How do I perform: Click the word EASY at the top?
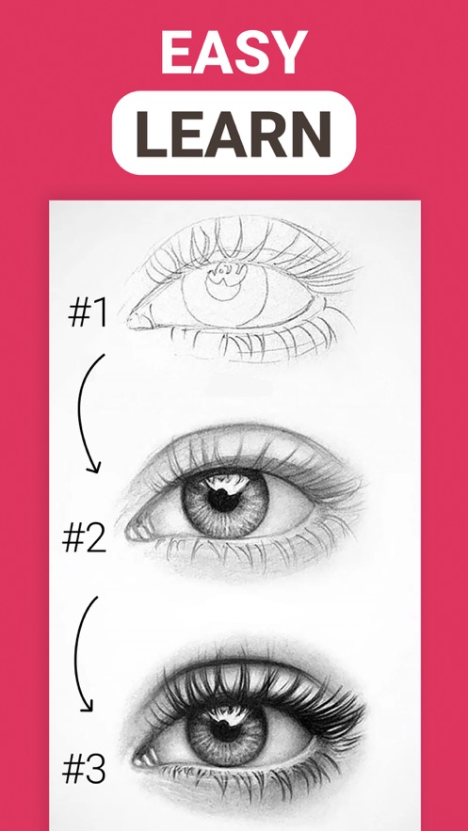click(234, 52)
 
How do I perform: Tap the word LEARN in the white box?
click(234, 133)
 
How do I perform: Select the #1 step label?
click(88, 313)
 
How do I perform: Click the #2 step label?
click(84, 539)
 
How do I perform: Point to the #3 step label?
click(84, 770)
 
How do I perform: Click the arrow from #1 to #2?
click(80, 413)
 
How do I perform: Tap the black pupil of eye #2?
click(222, 500)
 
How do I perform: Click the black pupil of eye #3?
click(224, 729)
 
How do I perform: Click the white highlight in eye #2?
click(228, 483)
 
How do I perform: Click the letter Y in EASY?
click(288, 52)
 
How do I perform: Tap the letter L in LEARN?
click(152, 133)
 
